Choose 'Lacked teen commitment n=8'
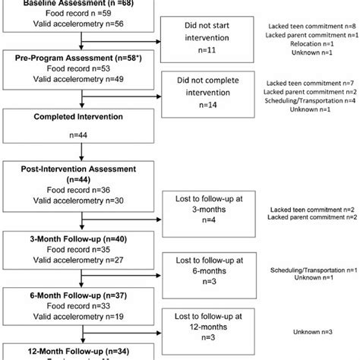(314, 27)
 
